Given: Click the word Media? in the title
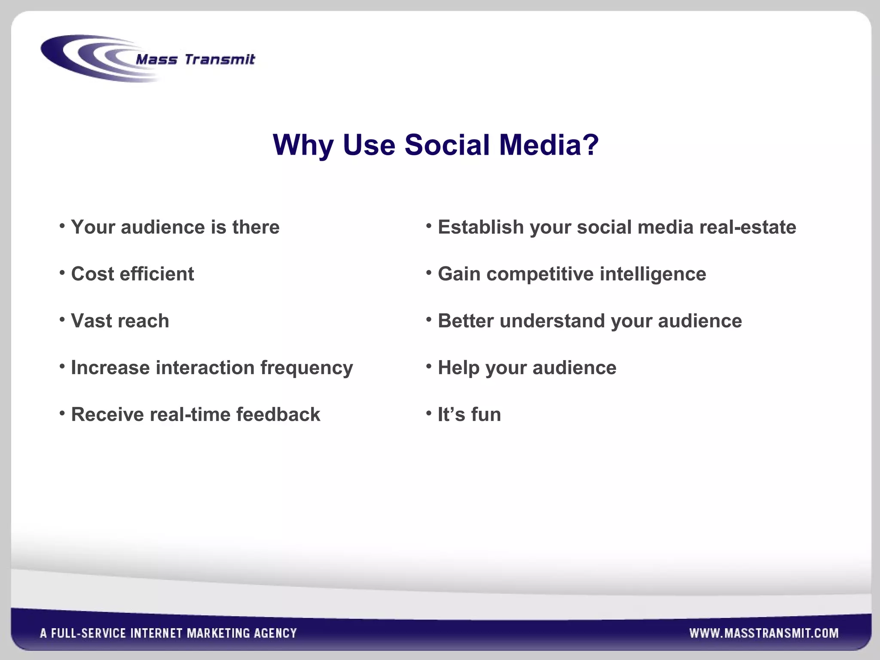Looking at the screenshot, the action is coord(549,145).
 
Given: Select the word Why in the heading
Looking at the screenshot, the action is coord(303,145).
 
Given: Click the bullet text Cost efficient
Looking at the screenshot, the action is coord(132,274).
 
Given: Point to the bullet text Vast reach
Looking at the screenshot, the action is coord(120,321).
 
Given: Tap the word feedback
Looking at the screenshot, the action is coord(278,415).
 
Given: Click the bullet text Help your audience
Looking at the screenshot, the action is coord(527,368).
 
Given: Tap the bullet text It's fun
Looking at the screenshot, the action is coord(469,415).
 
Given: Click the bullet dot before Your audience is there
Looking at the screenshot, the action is coord(62,225).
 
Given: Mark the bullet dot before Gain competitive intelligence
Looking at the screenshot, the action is coord(429,272).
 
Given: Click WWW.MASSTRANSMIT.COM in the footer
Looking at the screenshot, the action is coord(764,633).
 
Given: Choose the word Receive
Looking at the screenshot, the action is coord(107,415).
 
